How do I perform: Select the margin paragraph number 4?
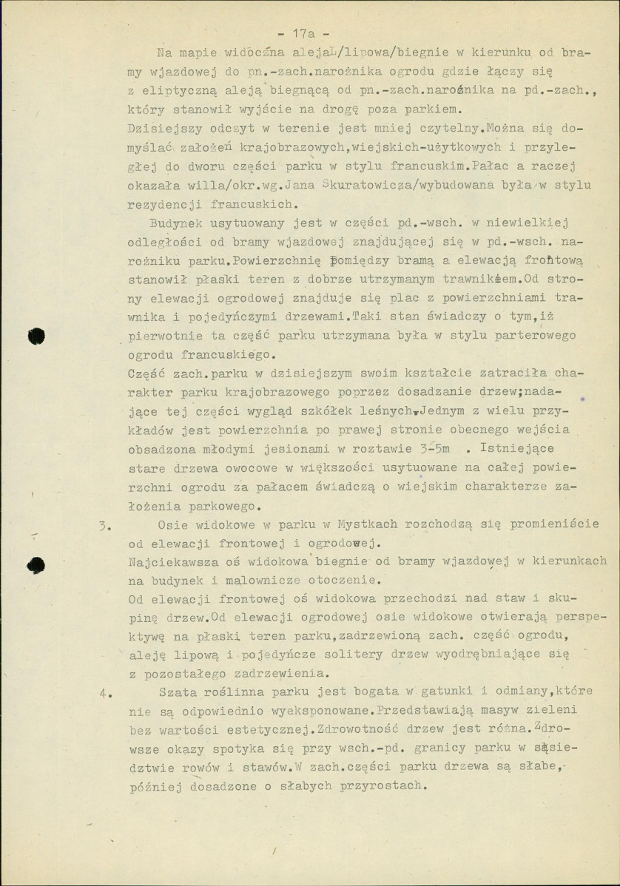pyautogui.click(x=105, y=694)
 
